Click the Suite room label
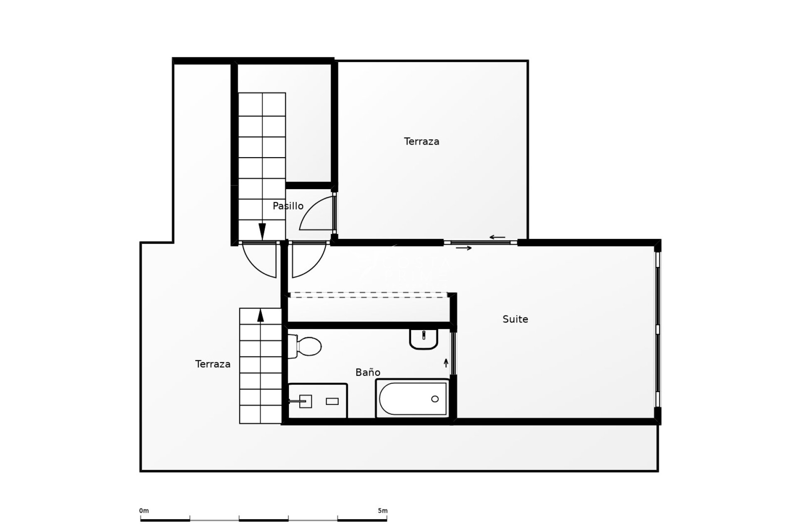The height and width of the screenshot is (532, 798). (515, 319)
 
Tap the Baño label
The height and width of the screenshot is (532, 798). (367, 372)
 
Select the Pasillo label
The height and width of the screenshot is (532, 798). (288, 206)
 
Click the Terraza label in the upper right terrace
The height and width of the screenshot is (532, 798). (421, 141)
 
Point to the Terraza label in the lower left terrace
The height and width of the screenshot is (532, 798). (213, 364)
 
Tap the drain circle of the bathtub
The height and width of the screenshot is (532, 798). (435, 399)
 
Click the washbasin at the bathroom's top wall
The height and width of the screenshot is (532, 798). (424, 338)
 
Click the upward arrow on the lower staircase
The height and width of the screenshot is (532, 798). (261, 315)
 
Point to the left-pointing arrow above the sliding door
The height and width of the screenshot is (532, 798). (497, 237)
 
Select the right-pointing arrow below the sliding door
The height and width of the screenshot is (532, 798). (464, 248)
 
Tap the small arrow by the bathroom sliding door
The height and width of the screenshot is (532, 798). (446, 363)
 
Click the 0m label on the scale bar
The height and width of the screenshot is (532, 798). (144, 510)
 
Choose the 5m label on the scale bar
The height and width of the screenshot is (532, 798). (382, 510)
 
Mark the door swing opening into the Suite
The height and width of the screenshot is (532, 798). (310, 264)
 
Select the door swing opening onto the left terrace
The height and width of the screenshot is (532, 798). (259, 264)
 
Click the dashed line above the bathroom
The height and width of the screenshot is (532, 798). (368, 295)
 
